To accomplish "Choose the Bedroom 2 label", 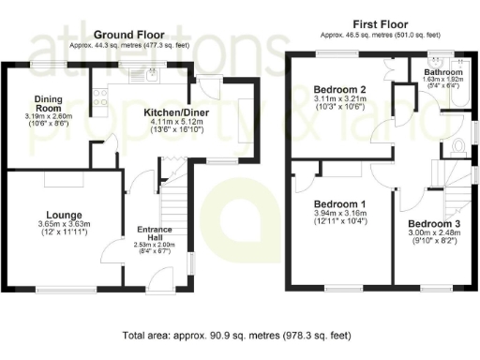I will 339,90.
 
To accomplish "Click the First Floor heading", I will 372,23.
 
